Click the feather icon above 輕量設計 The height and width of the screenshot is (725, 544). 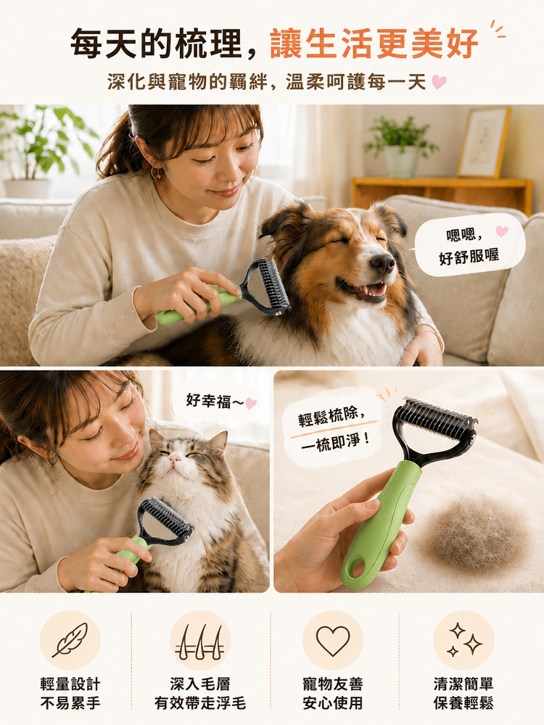pos(70,639)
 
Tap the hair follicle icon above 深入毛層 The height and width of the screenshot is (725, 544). pos(200,642)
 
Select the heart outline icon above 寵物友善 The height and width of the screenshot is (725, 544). pos(333,641)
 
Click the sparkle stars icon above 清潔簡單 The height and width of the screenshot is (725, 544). pos(464,639)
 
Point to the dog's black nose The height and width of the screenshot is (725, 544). pos(382,264)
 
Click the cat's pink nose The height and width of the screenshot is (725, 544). pos(174,457)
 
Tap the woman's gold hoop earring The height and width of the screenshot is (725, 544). pos(157,173)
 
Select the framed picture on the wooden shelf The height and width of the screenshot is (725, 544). pos(484,142)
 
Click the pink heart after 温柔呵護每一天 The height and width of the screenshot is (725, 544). pos(439,83)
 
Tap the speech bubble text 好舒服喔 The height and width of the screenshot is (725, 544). pos(469,256)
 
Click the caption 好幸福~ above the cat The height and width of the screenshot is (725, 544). pos(215,401)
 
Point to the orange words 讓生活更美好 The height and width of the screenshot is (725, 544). pos(374,44)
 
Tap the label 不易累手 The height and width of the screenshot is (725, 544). pos(70,703)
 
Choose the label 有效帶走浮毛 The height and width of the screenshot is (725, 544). pos(200,703)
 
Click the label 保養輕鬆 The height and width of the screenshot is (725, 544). pos(464,703)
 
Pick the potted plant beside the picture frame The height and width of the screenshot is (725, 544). pos(400,146)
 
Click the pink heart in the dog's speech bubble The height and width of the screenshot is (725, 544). pos(501,231)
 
